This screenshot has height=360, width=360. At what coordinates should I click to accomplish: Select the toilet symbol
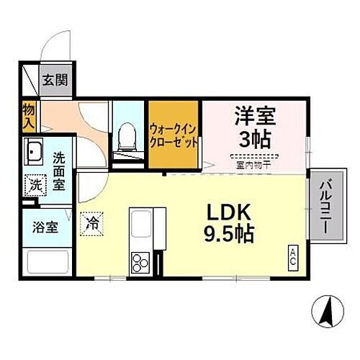click(x=128, y=138)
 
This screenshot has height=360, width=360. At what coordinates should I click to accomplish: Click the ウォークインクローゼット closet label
click(x=174, y=135)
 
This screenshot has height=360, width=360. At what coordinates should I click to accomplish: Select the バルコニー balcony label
click(x=325, y=205)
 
